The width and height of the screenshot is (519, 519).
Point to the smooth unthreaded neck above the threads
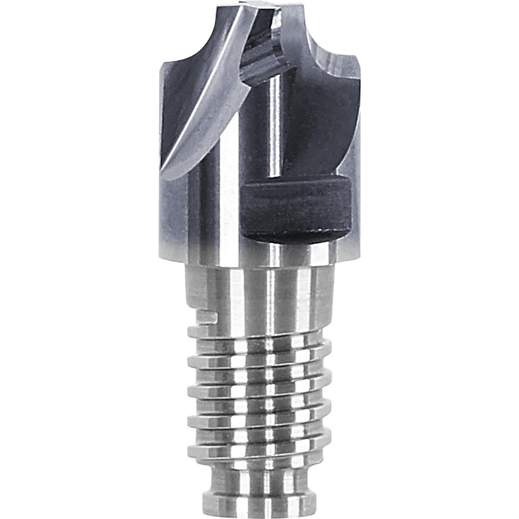point(259,291)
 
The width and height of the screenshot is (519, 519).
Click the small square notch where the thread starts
point(207,317)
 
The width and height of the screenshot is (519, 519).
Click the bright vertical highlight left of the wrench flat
point(228,208)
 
